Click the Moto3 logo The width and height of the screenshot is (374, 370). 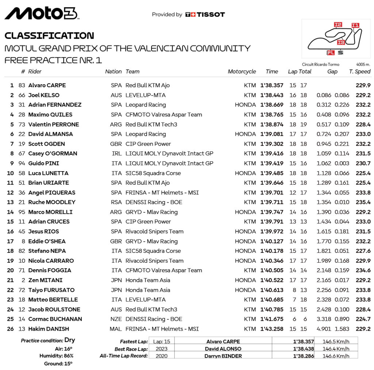(41, 14)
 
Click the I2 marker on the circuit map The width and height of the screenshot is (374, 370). (338, 24)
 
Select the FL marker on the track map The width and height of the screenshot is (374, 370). (331, 53)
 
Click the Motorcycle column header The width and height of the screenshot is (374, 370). (242, 72)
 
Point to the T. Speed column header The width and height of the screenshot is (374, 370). (360, 72)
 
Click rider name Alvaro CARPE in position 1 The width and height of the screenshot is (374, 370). (47, 85)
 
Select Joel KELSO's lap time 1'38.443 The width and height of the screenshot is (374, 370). (272, 95)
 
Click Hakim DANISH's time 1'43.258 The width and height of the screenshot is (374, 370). (272, 329)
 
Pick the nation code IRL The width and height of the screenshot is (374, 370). (117, 154)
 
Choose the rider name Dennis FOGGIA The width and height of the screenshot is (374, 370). (50, 270)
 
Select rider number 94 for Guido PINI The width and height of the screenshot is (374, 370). (22, 163)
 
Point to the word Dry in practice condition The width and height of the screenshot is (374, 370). (69, 340)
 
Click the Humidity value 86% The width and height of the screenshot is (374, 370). (68, 355)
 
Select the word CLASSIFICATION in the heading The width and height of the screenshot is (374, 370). (49, 36)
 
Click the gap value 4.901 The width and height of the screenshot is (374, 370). (324, 329)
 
